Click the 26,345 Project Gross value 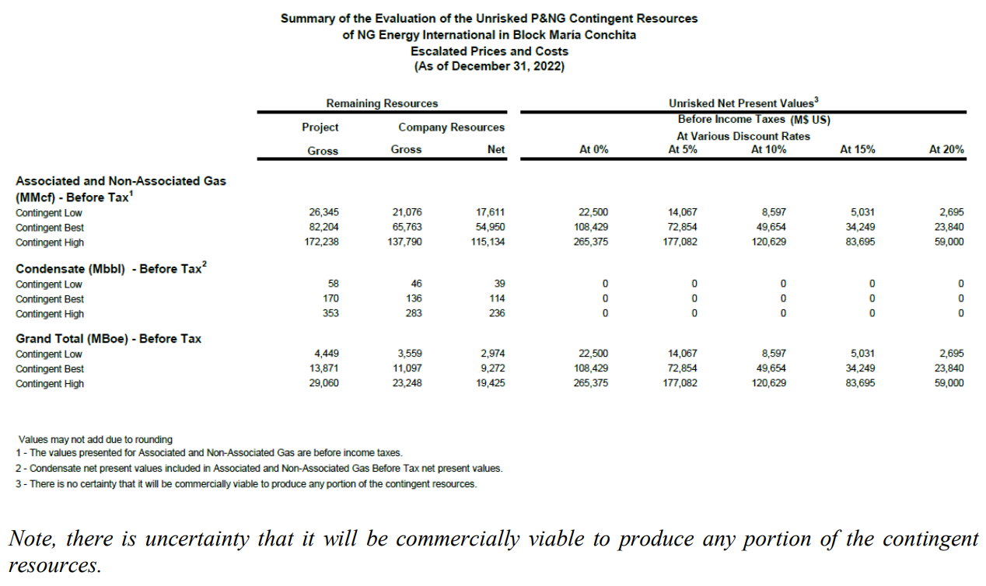point(323,213)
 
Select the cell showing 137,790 point(406,242)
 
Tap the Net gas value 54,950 point(489,228)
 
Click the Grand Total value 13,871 point(323,369)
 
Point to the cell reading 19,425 point(489,384)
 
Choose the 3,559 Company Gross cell point(408,354)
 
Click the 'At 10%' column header point(768,150)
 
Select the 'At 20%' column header point(946,150)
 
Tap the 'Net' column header point(497,150)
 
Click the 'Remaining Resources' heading point(382,103)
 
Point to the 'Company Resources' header point(451,127)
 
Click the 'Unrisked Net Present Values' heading point(743,103)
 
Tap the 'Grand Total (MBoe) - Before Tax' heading point(108,339)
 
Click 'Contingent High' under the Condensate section point(50,314)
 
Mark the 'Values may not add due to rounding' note point(96,440)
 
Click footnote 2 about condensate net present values point(258,469)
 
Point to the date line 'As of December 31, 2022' point(489,66)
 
